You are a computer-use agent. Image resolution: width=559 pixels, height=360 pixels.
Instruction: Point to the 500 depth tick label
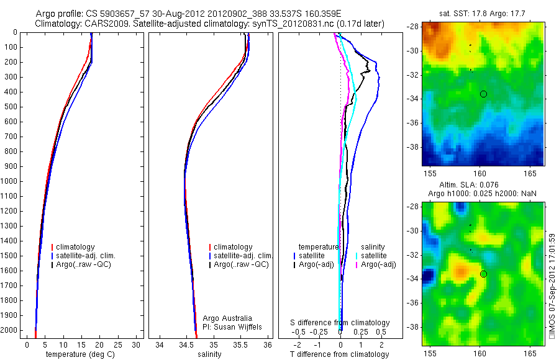pos(11,107)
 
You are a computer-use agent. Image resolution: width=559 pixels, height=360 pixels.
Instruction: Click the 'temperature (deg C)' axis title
pos(80,354)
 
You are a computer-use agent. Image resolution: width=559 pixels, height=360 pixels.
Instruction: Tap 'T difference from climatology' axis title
pos(339,354)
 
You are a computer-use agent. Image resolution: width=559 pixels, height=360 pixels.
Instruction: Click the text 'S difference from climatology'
pos(340,323)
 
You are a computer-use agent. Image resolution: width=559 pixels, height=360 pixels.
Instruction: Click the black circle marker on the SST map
pos(483,94)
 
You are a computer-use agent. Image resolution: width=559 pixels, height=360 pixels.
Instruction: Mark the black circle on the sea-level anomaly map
pos(483,274)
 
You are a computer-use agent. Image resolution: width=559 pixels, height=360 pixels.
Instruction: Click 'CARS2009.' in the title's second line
pos(101,24)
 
